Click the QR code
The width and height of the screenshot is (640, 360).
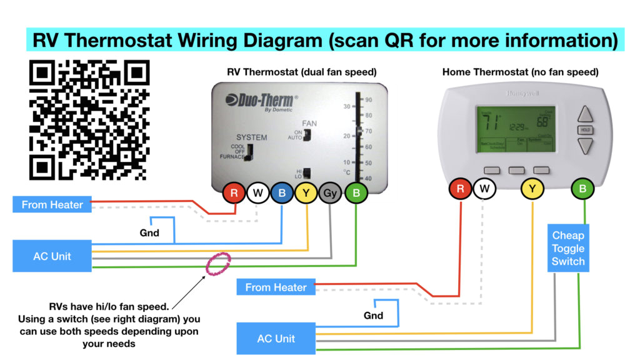click(89, 119)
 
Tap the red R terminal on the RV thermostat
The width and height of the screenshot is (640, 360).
click(234, 193)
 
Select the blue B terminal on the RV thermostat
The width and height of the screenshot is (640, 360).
click(282, 193)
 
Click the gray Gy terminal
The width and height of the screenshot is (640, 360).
click(330, 193)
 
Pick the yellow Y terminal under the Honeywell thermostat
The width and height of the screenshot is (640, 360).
click(532, 188)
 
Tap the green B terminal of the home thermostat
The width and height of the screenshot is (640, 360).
click(582, 188)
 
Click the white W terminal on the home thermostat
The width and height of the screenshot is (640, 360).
click(484, 188)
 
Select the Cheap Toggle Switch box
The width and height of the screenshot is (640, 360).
click(568, 248)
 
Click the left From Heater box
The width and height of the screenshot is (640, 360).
click(52, 204)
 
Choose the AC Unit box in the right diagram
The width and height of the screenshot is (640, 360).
click(276, 339)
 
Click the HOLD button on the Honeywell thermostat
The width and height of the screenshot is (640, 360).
click(585, 130)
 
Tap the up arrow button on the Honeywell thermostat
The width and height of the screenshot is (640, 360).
click(585, 114)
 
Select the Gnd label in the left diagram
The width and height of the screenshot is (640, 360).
click(149, 233)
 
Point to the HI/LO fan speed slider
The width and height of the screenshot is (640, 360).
click(307, 174)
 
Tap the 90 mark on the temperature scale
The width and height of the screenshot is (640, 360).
click(369, 100)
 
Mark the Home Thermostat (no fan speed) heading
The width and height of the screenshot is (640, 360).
click(521, 72)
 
